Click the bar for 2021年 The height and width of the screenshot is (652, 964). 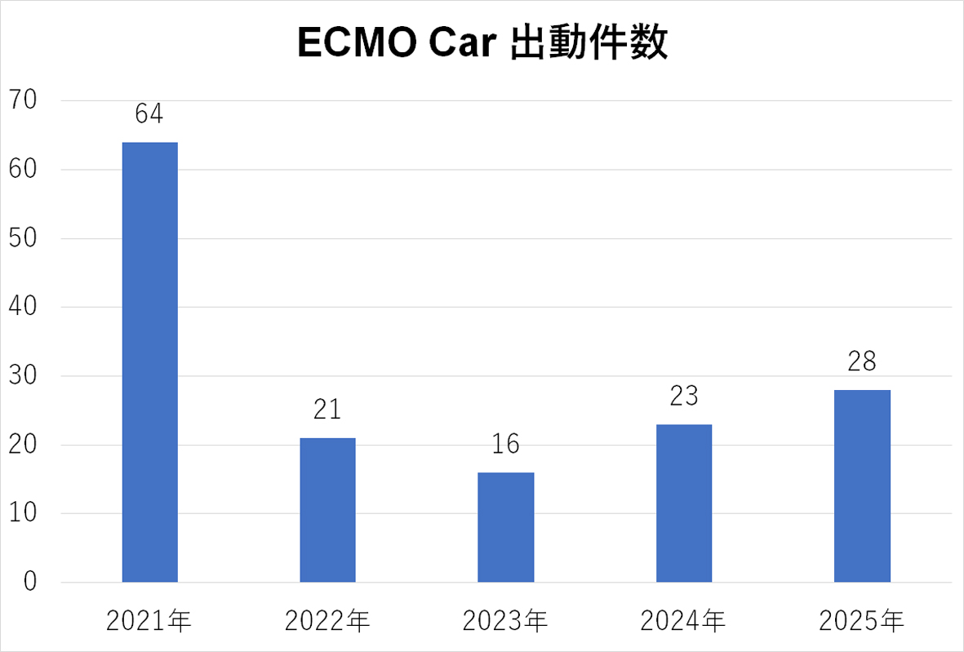[x=150, y=362]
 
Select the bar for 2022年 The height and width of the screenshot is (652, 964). [x=327, y=510]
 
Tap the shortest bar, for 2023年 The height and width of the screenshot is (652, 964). [x=506, y=527]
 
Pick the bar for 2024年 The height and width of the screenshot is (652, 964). [x=684, y=503]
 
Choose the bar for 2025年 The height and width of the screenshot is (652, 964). [x=862, y=486]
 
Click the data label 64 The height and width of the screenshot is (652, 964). [x=149, y=113]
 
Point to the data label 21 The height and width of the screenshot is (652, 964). [x=327, y=409]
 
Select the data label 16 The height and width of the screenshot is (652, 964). [x=506, y=444]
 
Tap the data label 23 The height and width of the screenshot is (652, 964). [x=684, y=396]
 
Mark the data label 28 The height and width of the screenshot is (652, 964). [x=862, y=361]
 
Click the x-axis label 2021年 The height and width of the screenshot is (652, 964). [x=149, y=623]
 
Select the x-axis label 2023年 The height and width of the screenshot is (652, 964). [x=505, y=623]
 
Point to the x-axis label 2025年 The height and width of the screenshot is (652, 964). [x=862, y=623]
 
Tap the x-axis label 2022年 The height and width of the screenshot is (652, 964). [x=327, y=623]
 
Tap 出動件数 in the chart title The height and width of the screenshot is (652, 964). [x=588, y=46]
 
